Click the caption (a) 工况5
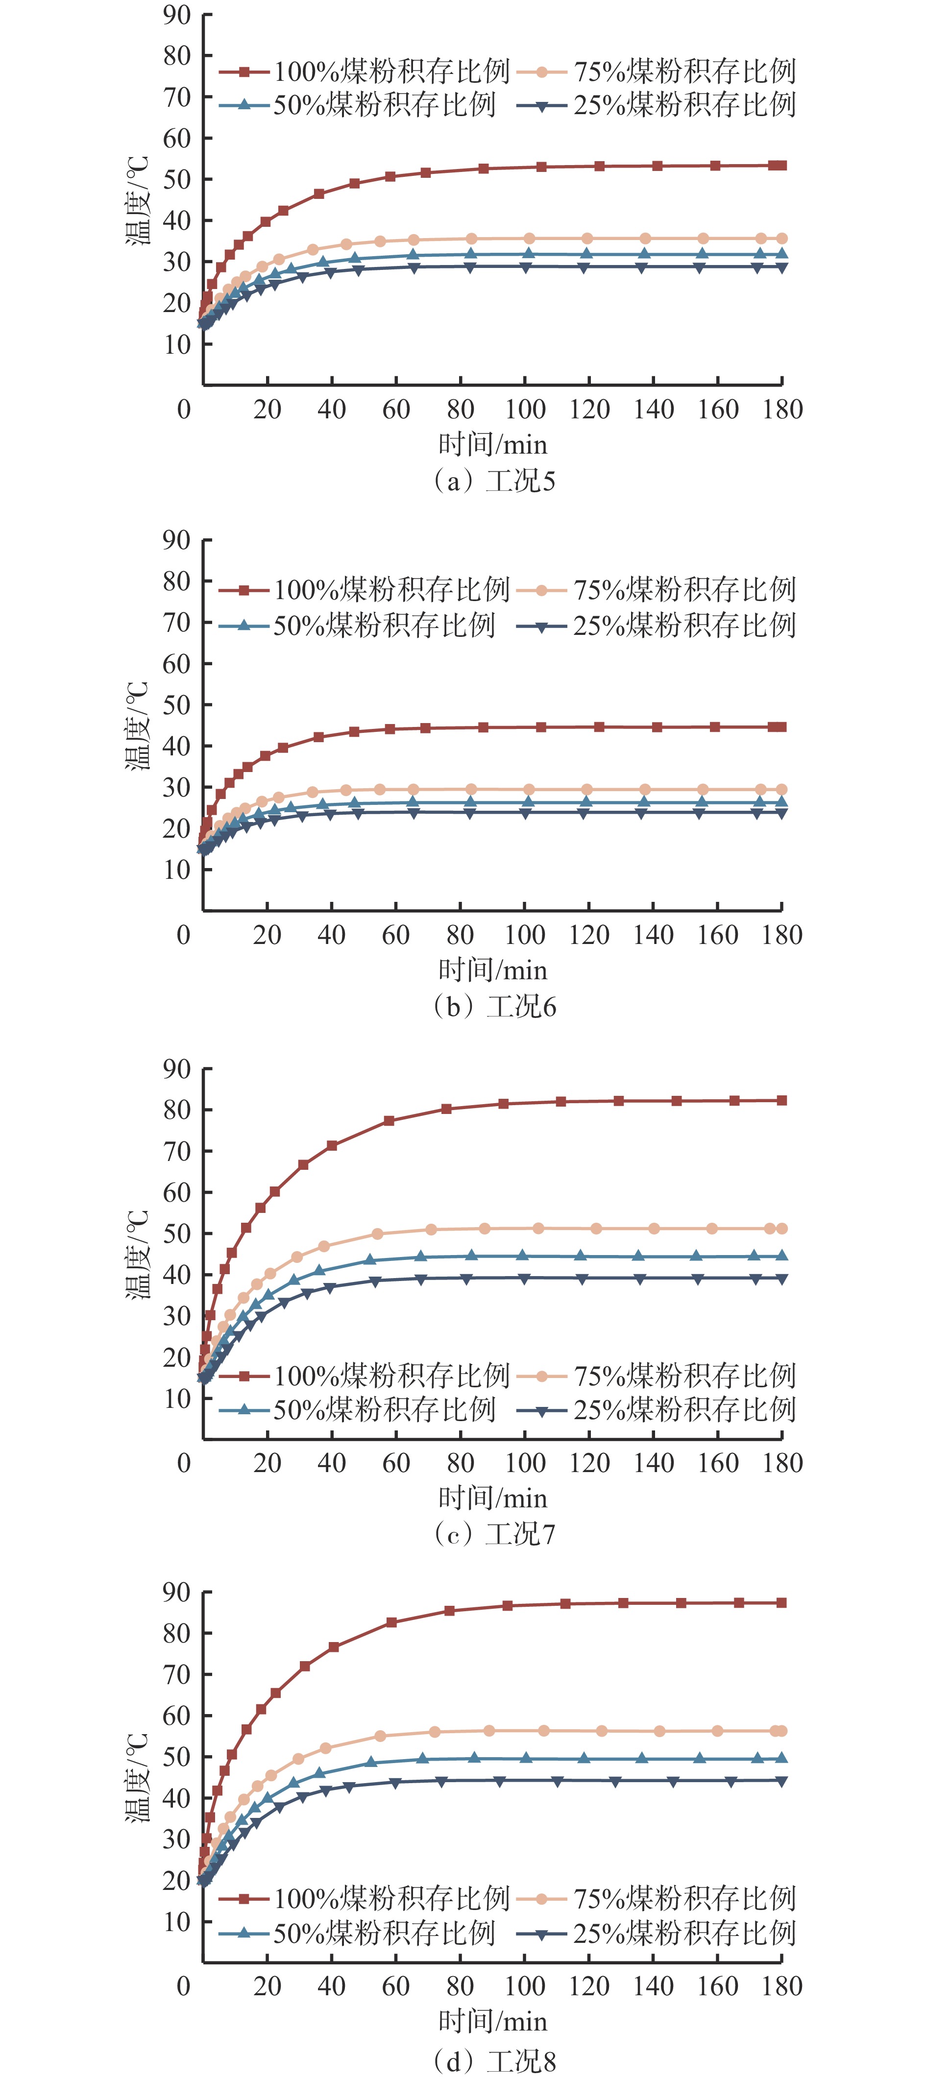[494, 481]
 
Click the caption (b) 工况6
[494, 1007]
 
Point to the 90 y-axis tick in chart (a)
[177, 15]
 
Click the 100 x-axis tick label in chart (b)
[525, 935]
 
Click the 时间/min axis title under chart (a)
[492, 444]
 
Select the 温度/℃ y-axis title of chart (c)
[138, 1254]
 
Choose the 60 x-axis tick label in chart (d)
[395, 1986]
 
